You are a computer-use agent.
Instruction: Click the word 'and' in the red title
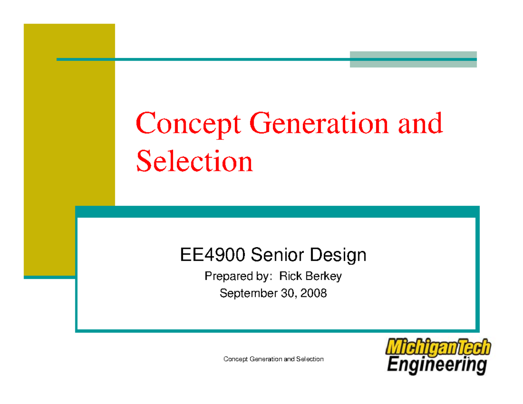[420, 123]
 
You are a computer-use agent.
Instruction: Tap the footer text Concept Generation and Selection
[273, 359]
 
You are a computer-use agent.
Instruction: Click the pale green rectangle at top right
[413, 59]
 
